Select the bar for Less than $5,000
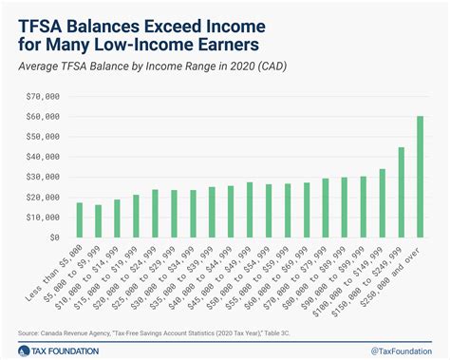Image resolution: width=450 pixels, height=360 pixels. (80, 219)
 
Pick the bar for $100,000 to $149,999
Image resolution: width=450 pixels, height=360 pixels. (382, 203)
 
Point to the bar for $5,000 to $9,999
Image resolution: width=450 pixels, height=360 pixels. (98, 221)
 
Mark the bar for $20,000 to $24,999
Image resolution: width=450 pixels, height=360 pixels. (155, 214)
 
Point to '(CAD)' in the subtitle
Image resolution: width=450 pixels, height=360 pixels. (269, 66)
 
